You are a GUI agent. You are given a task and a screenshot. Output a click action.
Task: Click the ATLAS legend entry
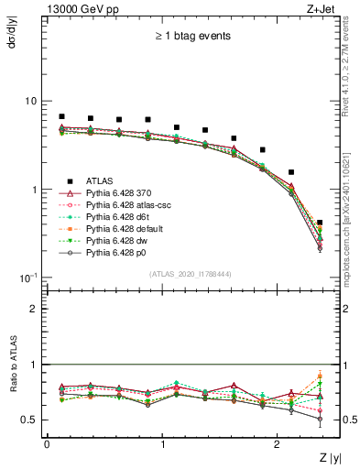point(104,181)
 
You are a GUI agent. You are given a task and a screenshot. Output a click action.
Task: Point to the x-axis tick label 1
point(162,442)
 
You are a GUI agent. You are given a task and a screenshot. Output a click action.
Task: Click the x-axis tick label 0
point(47,442)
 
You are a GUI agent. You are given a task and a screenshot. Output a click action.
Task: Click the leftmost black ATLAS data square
point(61,116)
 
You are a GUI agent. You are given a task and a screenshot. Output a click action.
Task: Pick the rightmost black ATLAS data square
point(319,223)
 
